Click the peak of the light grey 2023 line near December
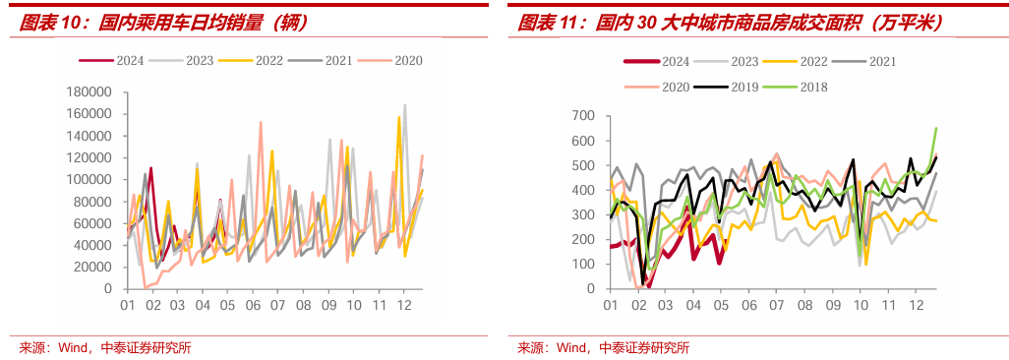(x=405, y=105)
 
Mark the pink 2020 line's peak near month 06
(x=261, y=122)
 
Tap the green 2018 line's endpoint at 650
(x=935, y=129)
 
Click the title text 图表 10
(x=48, y=24)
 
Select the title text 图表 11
(x=548, y=24)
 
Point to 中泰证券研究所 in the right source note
(x=644, y=348)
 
